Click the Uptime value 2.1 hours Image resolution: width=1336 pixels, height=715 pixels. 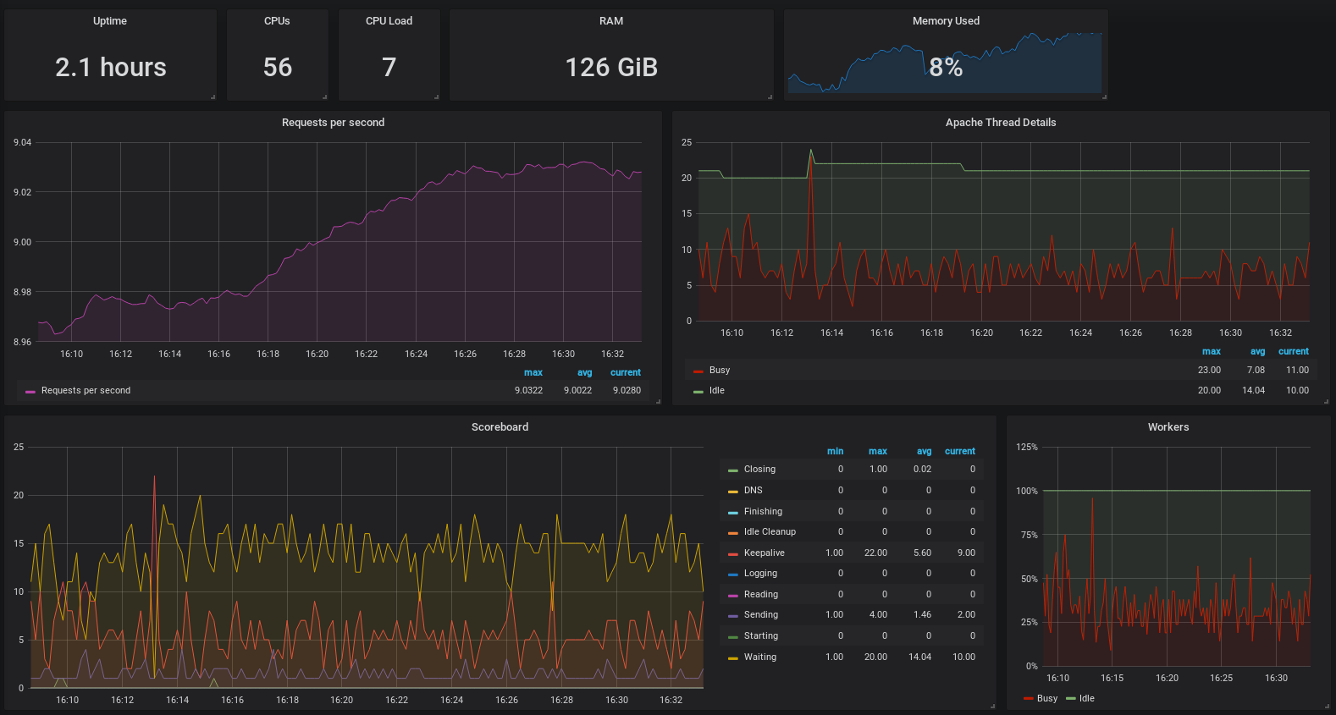111,68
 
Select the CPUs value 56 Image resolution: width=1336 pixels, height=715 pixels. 278,68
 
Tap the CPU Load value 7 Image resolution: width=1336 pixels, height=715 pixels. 389,68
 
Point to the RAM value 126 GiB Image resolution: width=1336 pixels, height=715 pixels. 611,68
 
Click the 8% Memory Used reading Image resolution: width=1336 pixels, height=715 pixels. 946,68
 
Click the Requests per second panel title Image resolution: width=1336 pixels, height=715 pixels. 333,123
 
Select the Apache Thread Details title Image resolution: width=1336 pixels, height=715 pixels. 1001,123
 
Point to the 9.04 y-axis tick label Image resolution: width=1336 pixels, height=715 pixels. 23,142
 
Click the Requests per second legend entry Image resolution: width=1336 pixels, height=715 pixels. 86,390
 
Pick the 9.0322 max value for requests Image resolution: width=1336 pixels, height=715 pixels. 529,390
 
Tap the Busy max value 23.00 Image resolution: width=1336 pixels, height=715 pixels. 1209,370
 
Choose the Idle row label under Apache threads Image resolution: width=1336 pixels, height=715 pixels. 717,390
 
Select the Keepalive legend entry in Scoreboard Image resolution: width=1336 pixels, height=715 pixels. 764,553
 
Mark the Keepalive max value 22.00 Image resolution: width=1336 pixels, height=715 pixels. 875,553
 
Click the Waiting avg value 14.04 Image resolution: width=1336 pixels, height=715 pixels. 919,657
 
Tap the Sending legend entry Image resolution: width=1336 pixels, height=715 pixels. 760,615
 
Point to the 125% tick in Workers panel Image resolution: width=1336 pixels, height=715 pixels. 1027,447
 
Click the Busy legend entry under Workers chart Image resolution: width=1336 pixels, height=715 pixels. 1046,698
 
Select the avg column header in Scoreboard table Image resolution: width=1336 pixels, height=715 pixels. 924,451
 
